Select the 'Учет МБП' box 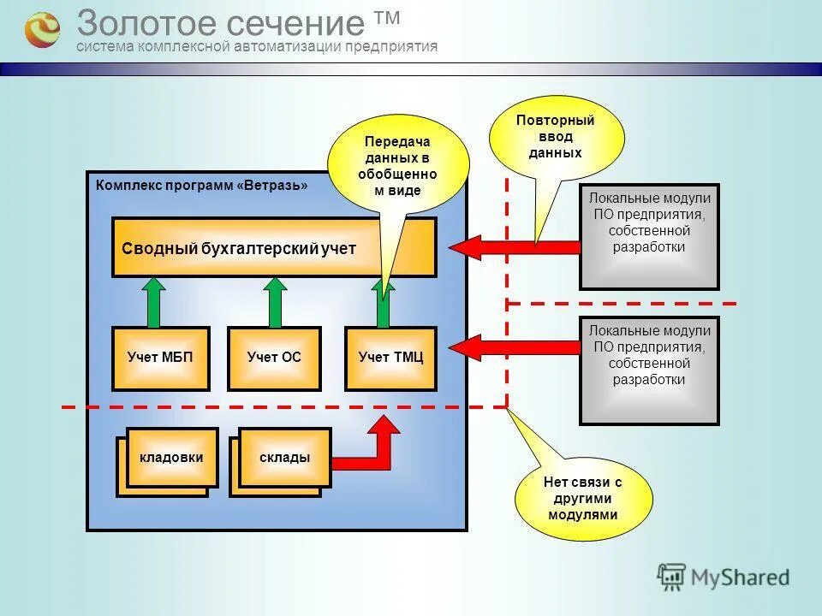pyautogui.click(x=160, y=358)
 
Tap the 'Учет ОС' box pyautogui.click(x=274, y=358)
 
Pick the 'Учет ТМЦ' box pyautogui.click(x=390, y=358)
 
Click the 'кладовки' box pyautogui.click(x=171, y=458)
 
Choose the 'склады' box pyautogui.click(x=284, y=458)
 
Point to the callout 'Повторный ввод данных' pyautogui.click(x=556, y=137)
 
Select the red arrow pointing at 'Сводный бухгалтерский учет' pyautogui.click(x=514, y=248)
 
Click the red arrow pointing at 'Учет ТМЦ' pyautogui.click(x=514, y=347)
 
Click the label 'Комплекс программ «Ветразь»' pyautogui.click(x=201, y=185)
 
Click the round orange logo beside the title pyautogui.click(x=41, y=29)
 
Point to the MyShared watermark pyautogui.click(x=724, y=577)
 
